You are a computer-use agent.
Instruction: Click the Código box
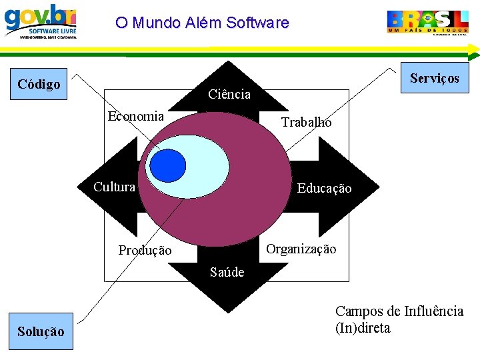tap(39, 84)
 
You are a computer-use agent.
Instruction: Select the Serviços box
tap(434, 79)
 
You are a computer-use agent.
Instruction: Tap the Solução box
tap(41, 331)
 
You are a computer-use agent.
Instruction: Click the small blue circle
tap(167, 165)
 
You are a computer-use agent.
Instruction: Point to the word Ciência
tap(229, 95)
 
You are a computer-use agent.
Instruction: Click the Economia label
tap(136, 116)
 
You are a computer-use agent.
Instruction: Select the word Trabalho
tap(306, 122)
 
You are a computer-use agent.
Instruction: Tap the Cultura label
tap(114, 187)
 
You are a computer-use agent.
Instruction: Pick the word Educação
tap(324, 189)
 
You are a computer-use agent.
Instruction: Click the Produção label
tap(145, 251)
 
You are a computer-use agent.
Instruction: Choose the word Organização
tap(301, 249)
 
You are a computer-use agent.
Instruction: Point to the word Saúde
tap(227, 272)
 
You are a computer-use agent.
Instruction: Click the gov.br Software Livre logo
tap(41, 21)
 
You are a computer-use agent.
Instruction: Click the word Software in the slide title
tap(258, 23)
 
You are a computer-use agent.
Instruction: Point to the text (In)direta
tap(363, 328)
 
